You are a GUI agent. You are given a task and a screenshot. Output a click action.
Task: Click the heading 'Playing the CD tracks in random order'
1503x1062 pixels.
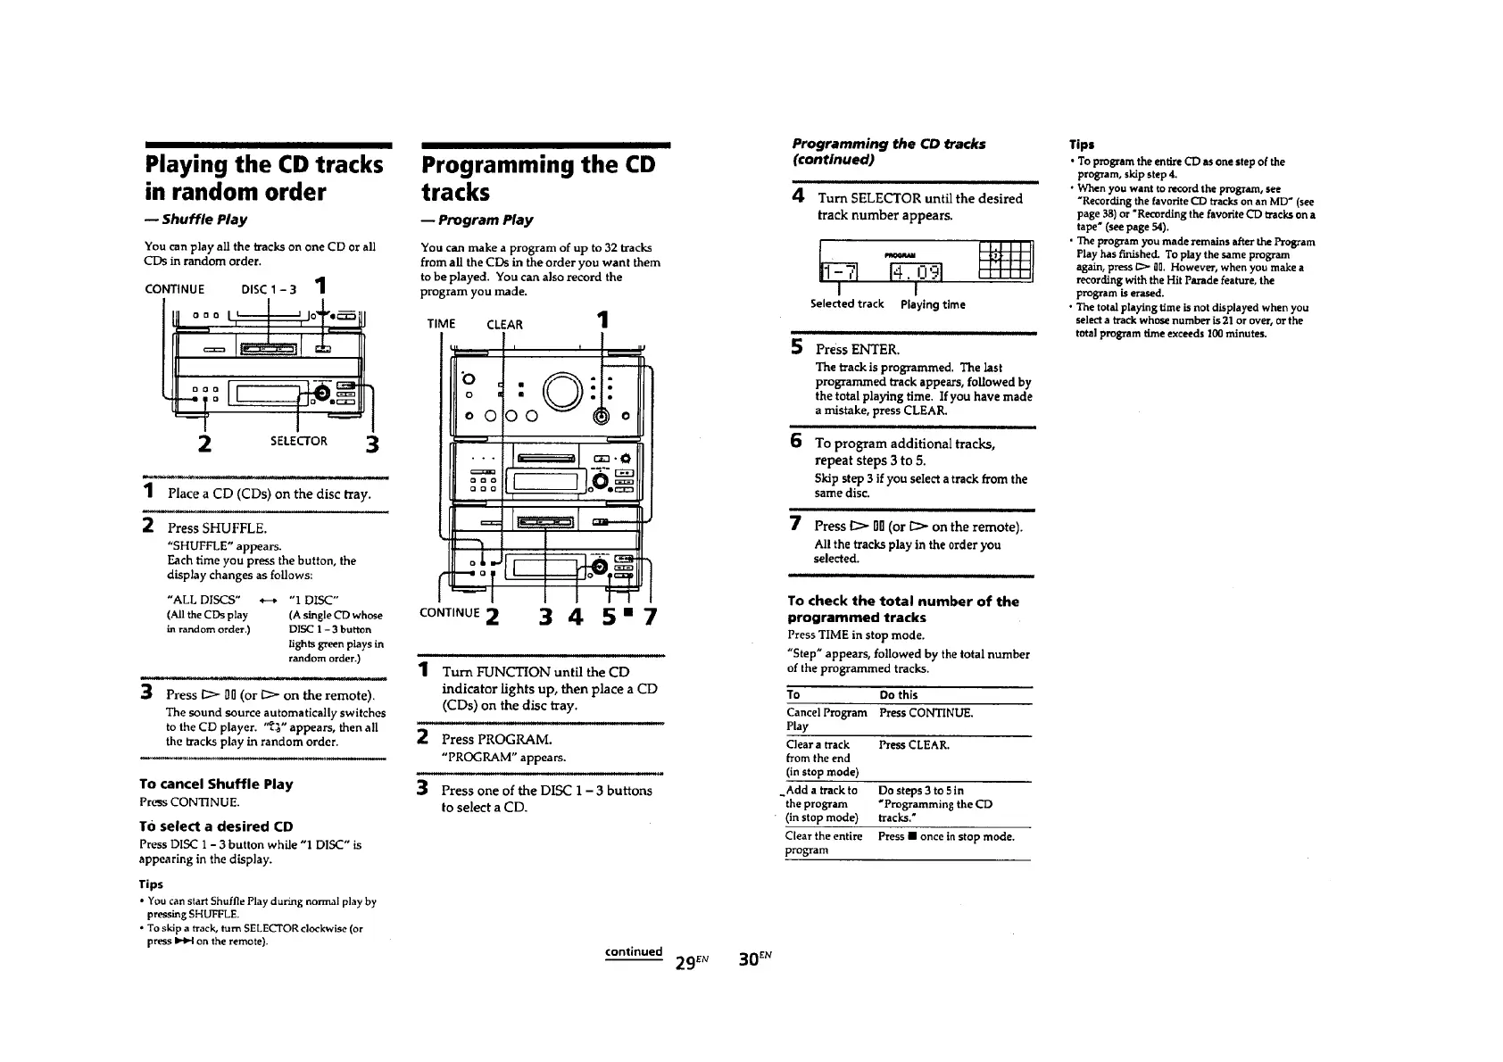[x=263, y=178]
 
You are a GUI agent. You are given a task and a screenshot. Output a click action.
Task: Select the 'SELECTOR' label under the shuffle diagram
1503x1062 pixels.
[x=299, y=441]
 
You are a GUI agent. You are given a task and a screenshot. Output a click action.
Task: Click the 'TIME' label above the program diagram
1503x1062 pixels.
[x=441, y=324]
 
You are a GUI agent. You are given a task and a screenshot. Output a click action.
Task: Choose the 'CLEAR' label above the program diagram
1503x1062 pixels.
[x=504, y=324]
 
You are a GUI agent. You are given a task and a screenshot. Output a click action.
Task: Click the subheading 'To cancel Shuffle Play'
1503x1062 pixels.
[x=216, y=784]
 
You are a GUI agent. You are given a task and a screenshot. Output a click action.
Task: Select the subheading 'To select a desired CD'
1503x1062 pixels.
[x=216, y=826]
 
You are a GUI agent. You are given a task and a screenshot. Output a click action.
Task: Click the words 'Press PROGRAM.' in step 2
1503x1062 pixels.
[x=497, y=739]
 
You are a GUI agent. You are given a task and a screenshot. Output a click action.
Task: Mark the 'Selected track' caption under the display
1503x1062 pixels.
[x=846, y=303]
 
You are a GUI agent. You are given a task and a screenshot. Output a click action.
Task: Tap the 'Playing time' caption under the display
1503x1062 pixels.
[x=933, y=304]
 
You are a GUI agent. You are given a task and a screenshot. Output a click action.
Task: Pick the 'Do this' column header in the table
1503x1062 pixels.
[x=898, y=694]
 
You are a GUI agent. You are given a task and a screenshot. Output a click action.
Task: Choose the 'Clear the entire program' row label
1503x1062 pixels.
[x=823, y=842]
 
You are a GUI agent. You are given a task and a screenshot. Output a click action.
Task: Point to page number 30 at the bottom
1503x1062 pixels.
[x=754, y=958]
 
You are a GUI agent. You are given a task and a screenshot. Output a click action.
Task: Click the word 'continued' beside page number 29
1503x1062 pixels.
[x=633, y=951]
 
